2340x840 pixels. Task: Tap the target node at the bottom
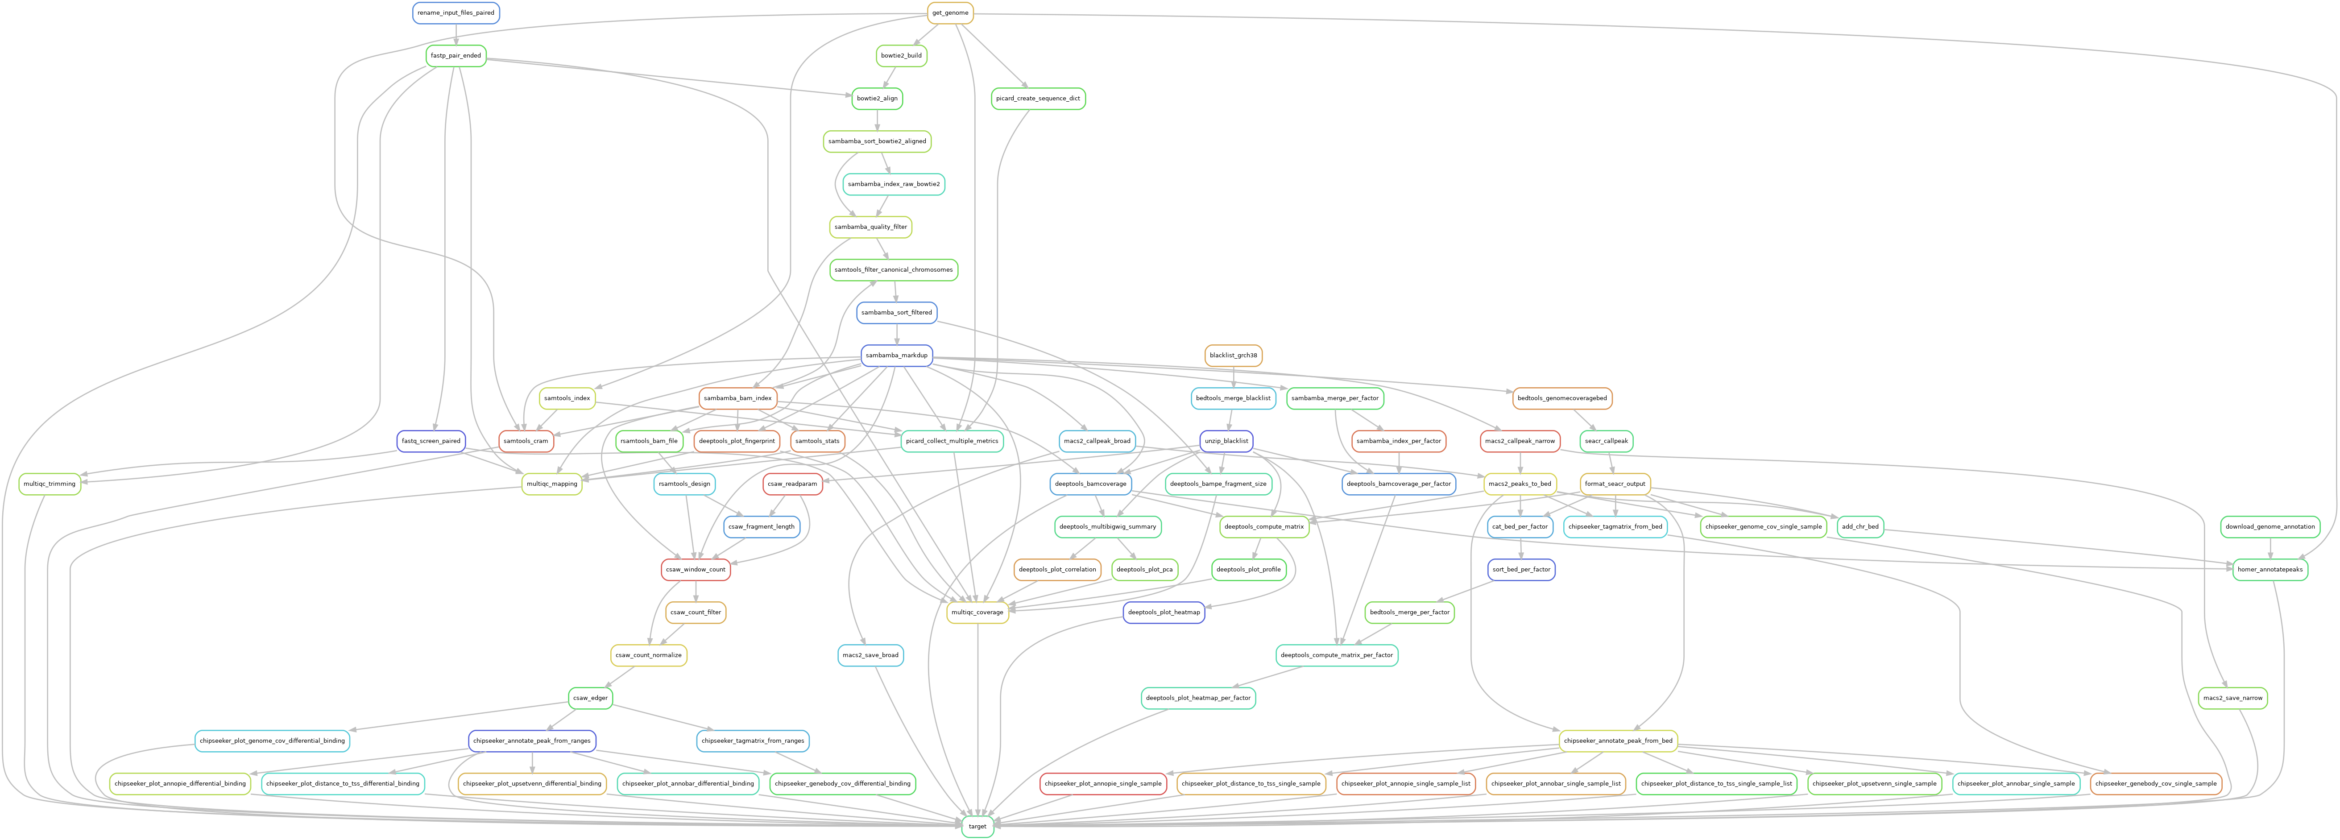click(x=977, y=826)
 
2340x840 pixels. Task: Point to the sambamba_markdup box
click(x=897, y=355)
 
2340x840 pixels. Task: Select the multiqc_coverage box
click(x=977, y=612)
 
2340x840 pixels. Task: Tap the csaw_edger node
click(x=590, y=697)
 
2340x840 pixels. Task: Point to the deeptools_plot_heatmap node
click(x=1164, y=612)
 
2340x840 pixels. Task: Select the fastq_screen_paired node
click(x=431, y=440)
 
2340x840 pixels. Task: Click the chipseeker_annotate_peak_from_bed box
click(x=1618, y=740)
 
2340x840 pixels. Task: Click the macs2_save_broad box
click(x=870, y=655)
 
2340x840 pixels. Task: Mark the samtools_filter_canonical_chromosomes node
click(x=894, y=270)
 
